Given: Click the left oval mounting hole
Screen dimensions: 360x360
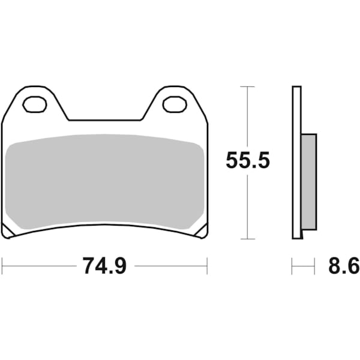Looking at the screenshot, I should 35,104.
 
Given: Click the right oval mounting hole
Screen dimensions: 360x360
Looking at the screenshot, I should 175,104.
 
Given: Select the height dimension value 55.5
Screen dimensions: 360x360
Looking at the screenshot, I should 248,161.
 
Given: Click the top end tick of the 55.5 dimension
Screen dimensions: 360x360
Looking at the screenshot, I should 248,87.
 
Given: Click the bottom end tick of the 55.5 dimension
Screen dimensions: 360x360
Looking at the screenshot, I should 248,239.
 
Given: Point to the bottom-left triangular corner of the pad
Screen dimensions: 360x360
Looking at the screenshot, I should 8,231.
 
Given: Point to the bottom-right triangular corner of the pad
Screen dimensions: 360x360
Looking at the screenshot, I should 202,231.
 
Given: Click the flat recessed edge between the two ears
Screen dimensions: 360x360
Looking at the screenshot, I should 104,120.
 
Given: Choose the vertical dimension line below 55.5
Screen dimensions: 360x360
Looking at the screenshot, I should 248,207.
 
